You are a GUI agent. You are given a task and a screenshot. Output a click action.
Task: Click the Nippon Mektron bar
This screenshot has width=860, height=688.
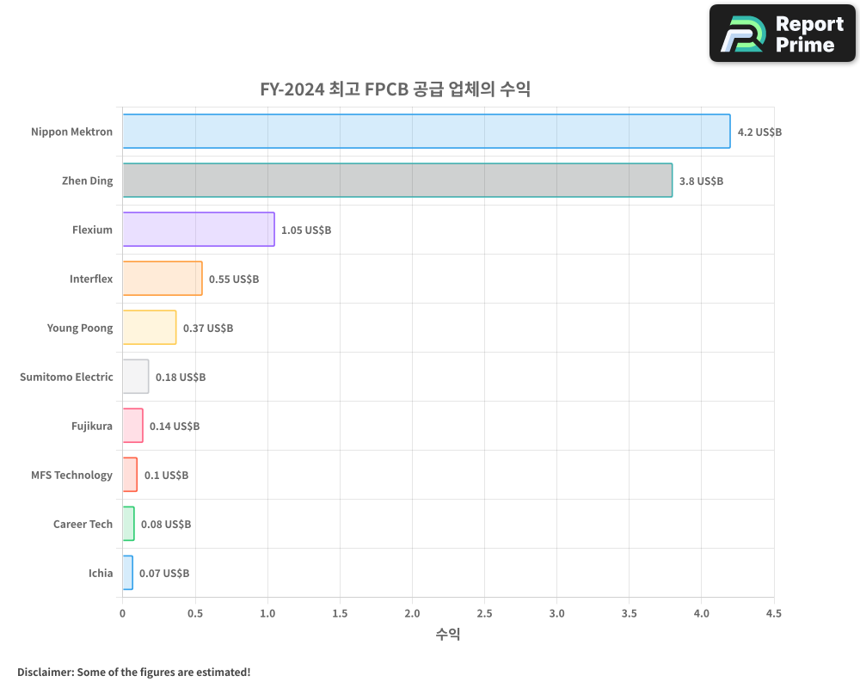(426, 132)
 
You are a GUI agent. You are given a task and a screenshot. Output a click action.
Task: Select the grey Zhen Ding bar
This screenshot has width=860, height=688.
(397, 181)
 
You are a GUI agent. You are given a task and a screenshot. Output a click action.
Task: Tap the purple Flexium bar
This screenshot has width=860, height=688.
(198, 230)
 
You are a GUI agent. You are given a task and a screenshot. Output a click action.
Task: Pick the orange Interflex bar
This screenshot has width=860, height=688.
(162, 279)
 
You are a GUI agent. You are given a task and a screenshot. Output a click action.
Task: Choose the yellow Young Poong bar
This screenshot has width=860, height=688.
(149, 328)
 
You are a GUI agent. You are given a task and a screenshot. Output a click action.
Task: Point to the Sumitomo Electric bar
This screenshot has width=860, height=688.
(135, 377)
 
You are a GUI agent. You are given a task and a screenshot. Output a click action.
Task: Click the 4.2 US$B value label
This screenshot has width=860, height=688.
(759, 132)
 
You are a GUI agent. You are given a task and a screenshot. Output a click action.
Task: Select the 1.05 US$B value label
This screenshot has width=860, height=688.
(306, 230)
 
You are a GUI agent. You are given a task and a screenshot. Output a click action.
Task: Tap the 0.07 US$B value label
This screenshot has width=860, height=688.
(164, 574)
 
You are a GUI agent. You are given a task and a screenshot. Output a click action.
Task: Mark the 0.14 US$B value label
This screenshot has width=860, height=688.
(175, 427)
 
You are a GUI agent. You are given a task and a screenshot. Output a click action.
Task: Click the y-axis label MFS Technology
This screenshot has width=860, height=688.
(71, 476)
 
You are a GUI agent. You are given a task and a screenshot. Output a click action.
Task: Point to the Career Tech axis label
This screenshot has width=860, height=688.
(83, 525)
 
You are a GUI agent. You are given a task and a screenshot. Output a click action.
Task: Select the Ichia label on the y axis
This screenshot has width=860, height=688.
(100, 574)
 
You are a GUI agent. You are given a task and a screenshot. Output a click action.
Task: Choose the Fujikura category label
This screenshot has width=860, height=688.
(92, 427)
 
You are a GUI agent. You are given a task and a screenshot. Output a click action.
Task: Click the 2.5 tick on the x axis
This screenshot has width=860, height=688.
(484, 614)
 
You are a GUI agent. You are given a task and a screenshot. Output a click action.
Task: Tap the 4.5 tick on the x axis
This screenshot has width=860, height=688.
(773, 614)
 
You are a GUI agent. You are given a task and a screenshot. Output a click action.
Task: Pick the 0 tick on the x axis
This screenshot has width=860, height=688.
(122, 614)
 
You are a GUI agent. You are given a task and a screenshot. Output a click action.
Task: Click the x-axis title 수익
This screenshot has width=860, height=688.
(447, 635)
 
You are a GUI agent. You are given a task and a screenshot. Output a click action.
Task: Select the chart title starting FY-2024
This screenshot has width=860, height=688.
(395, 89)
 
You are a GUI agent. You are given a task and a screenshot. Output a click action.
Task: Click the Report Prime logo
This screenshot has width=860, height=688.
(783, 34)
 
